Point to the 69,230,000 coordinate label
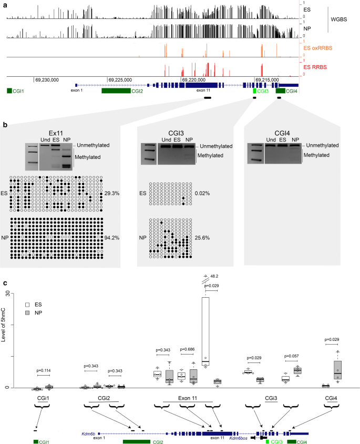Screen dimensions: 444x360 point(47,79)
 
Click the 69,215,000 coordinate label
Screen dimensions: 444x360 point(268,79)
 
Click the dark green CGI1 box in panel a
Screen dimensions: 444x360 point(10,91)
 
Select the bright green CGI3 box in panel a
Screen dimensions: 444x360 point(255,91)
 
